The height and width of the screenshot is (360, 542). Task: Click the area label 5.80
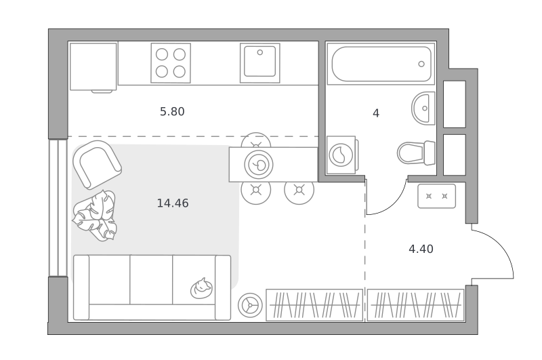[x=172, y=112]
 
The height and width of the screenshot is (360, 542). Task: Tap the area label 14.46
[x=173, y=203]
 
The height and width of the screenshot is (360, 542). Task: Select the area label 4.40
[x=421, y=249]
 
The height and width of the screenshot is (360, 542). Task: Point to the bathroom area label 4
[x=376, y=113]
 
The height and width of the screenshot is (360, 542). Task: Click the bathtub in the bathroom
[x=381, y=64]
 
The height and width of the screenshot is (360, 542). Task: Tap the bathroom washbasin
[x=423, y=108]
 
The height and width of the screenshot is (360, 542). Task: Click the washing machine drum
[x=341, y=155]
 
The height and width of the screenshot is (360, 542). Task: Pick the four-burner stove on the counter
[x=171, y=63]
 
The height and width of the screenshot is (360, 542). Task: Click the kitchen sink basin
[x=260, y=62]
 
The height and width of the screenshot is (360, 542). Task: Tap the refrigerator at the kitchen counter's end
[x=93, y=66]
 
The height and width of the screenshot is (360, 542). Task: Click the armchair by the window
[x=97, y=165]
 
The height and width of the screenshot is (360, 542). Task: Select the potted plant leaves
[x=94, y=216]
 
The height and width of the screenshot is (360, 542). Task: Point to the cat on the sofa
[x=201, y=288]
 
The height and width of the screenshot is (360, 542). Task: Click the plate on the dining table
[x=259, y=165]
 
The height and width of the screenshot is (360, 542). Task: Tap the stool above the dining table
[x=256, y=140]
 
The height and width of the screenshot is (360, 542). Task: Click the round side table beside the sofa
[x=250, y=305]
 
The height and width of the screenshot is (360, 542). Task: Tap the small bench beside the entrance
[x=436, y=196]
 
